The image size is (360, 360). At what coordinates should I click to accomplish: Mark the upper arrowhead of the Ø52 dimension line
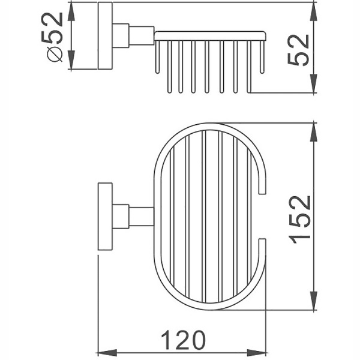[x=71, y=9]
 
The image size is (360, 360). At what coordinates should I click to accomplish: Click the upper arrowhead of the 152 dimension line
[x=313, y=130]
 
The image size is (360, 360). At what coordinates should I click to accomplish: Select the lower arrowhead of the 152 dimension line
[x=313, y=303]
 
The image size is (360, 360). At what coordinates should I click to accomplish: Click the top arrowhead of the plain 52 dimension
[x=313, y=9]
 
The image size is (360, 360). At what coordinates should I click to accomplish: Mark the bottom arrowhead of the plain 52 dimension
[x=313, y=87]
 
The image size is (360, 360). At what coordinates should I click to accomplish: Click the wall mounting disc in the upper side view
[x=105, y=36]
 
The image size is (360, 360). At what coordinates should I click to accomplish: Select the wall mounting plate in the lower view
[x=105, y=216]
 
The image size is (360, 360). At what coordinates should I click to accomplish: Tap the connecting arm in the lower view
[x=142, y=216]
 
